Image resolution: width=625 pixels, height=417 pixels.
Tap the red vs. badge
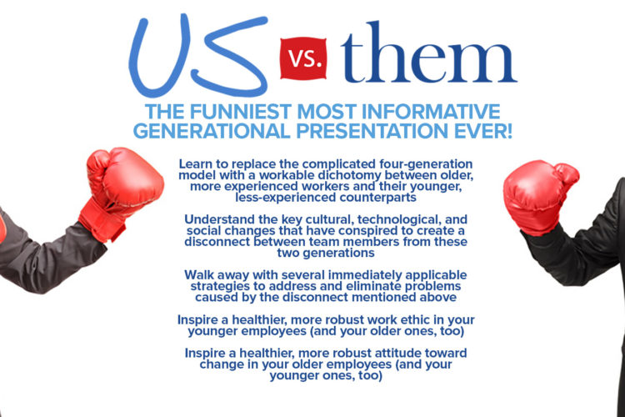click(x=303, y=58)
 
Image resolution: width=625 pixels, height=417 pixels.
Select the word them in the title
click(x=429, y=53)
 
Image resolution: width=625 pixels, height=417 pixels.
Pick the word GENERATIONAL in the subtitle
click(x=212, y=131)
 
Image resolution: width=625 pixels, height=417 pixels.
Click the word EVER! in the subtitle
click(x=483, y=131)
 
